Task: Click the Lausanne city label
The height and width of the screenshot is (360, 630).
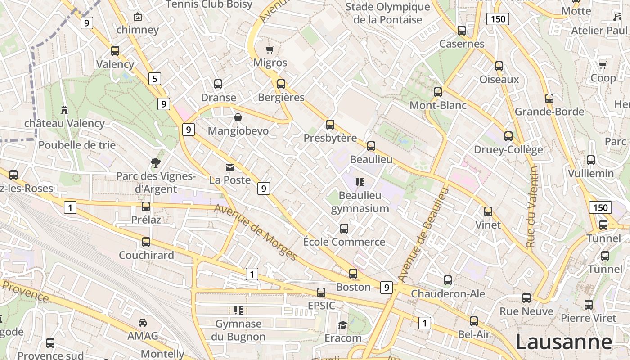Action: (563, 342)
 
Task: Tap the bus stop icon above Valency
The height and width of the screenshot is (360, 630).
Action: (115, 51)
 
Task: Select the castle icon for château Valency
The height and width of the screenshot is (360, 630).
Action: (64, 110)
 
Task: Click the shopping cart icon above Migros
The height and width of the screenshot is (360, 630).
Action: (270, 49)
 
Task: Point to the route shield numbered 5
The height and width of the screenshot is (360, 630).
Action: (154, 79)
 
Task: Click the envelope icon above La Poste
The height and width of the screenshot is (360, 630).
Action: (230, 167)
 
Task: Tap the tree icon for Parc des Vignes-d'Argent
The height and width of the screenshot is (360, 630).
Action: (156, 163)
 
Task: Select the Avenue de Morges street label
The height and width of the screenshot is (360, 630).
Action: (255, 232)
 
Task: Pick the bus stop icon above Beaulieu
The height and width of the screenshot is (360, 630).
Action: (371, 146)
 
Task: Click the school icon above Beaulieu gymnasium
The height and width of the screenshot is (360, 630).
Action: (359, 182)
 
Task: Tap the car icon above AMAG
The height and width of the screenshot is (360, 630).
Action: (143, 323)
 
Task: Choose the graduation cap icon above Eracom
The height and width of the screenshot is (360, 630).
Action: (343, 325)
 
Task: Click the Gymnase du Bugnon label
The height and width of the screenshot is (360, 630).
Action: (238, 330)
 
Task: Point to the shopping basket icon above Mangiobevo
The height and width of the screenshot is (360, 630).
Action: (238, 117)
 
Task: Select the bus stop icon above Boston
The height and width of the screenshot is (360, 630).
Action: (353, 274)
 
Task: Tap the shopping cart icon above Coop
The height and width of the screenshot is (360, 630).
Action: (603, 65)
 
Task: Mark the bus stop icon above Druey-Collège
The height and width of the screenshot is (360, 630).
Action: (508, 136)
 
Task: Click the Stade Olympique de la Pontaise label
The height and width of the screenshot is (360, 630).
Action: (388, 13)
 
